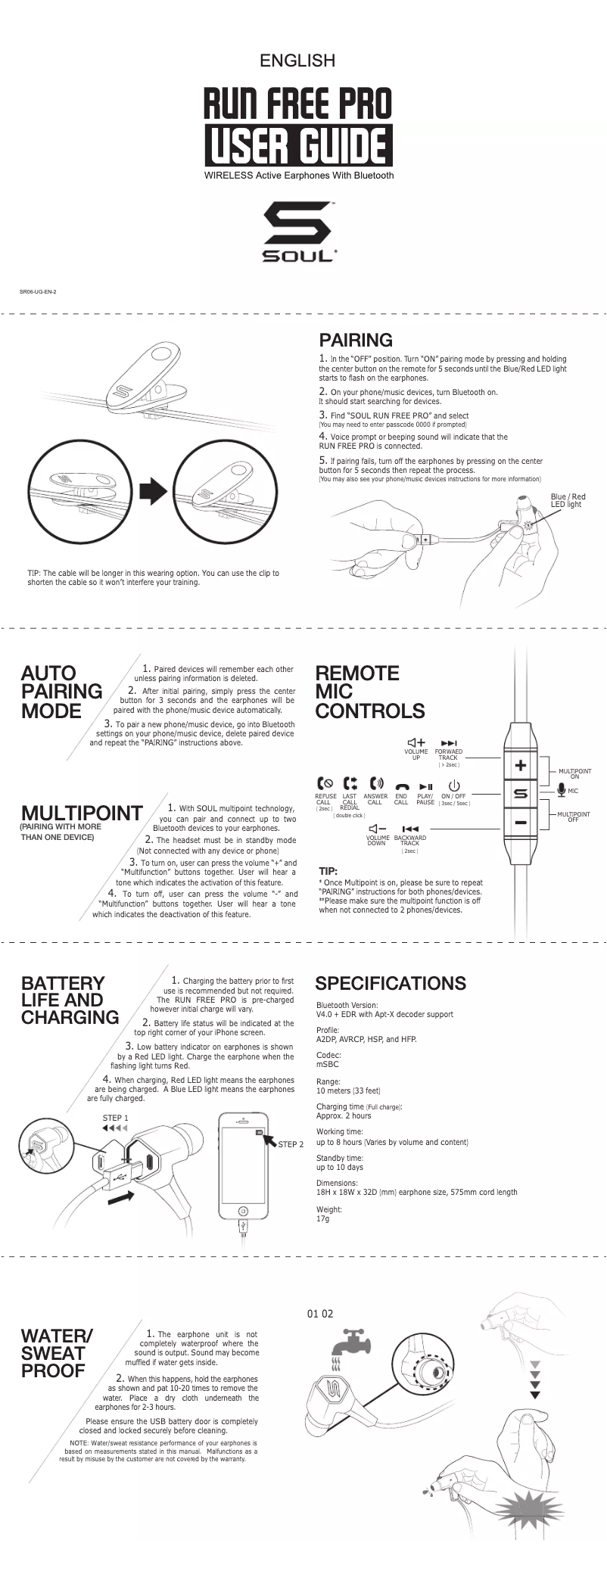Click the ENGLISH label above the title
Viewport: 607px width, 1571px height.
tap(297, 61)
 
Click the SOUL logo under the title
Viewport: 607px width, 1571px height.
tap(300, 232)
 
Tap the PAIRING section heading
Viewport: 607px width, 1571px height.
tap(356, 340)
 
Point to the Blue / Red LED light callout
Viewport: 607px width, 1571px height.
tap(568, 500)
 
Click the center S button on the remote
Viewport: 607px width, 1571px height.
tap(521, 794)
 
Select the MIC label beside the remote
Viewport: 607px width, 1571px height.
tap(573, 791)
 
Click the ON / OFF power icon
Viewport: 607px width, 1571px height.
tap(454, 786)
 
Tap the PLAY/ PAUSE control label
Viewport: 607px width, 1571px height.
tap(425, 799)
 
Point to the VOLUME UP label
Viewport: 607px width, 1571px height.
tap(416, 754)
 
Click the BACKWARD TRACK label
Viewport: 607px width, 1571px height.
tap(409, 840)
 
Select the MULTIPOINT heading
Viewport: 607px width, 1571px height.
tap(82, 813)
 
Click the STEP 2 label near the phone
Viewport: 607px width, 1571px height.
tap(291, 1144)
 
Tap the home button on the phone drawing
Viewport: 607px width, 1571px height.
tap(243, 1210)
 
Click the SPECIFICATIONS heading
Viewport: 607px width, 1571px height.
tap(391, 983)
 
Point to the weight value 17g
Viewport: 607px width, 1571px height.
tap(323, 1219)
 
